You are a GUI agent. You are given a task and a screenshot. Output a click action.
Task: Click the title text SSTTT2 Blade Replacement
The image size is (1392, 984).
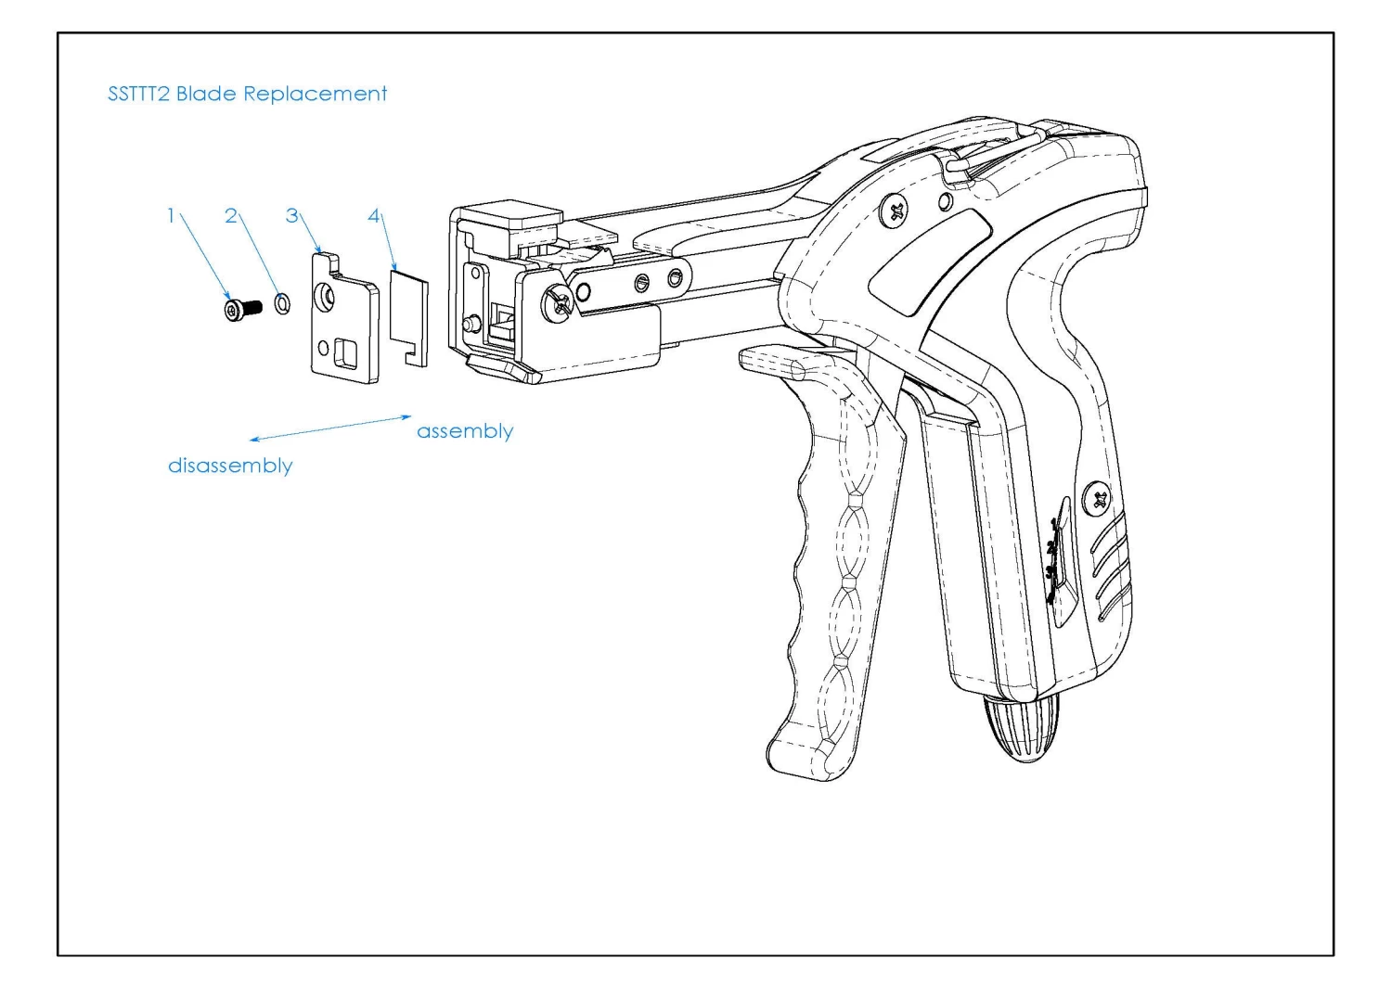point(247,94)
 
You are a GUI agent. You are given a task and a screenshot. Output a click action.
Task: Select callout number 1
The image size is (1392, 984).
point(171,215)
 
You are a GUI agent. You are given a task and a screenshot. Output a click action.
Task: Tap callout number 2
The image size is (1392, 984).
point(231,215)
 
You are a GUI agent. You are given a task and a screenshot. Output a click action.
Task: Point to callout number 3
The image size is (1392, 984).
point(292,215)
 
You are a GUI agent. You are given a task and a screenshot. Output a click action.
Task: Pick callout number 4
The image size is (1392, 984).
point(374,215)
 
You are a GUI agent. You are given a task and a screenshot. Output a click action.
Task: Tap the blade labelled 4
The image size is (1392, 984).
point(408,315)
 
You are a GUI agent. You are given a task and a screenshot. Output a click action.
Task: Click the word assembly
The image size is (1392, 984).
point(464,431)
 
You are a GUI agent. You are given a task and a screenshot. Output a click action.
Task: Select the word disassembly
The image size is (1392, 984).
point(230,466)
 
